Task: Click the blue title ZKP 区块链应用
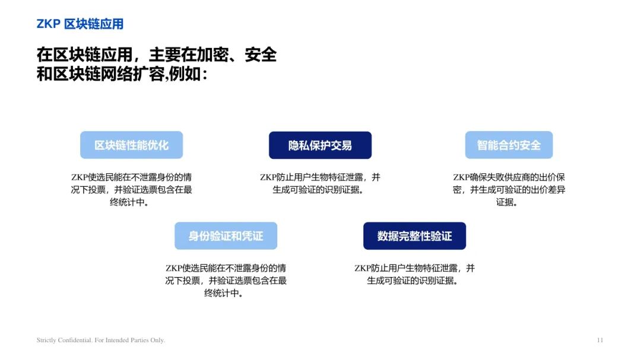(80, 24)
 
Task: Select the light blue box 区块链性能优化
(131, 145)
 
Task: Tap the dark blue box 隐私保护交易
(320, 145)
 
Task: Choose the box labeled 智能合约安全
(509, 145)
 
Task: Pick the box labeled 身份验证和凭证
(226, 236)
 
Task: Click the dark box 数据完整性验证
(414, 236)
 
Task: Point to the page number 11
(599, 340)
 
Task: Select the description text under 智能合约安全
(509, 190)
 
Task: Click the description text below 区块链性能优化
(131, 190)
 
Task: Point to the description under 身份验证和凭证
(226, 281)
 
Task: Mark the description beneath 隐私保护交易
(320, 183)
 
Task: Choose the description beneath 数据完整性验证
(414, 274)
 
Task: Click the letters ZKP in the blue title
(49, 24)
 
